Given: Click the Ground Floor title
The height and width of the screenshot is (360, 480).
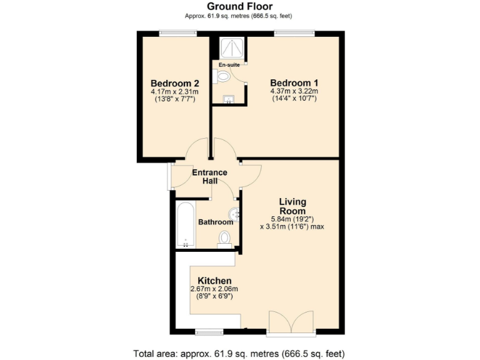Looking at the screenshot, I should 240,7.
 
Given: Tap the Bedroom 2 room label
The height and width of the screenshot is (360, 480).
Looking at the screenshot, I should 175,83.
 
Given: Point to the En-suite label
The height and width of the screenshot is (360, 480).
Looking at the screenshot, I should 229,64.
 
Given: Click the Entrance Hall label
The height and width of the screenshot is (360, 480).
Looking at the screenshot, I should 209,176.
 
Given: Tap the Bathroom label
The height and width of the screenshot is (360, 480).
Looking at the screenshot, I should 216,222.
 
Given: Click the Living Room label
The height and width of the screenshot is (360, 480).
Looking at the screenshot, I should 292,206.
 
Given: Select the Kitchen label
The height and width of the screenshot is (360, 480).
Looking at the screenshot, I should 215,281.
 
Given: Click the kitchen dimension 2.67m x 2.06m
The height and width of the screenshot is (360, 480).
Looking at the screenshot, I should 214,289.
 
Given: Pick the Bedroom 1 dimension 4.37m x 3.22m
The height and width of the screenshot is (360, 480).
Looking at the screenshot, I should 294,92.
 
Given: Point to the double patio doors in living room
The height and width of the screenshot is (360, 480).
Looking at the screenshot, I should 291,321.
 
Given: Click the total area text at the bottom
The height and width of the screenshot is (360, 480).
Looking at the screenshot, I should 240,352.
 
